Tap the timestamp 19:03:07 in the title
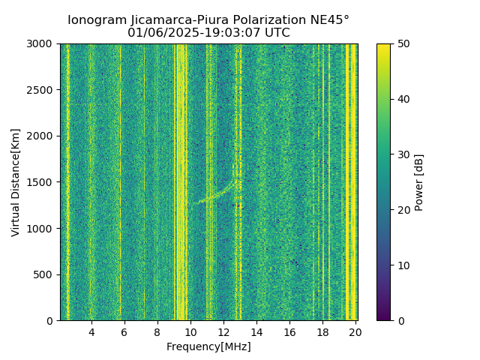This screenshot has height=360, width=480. [x=218, y=33]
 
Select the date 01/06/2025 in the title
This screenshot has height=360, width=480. [x=157, y=33]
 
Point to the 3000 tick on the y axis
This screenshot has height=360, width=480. [x=43, y=44]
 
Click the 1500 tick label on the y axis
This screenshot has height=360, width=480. [x=43, y=182]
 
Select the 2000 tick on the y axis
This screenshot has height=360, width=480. [x=43, y=136]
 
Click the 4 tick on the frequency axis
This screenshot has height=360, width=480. [x=91, y=331]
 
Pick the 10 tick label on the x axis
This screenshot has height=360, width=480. [x=190, y=331]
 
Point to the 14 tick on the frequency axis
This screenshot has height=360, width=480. [x=256, y=331]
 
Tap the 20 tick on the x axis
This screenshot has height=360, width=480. [x=355, y=331]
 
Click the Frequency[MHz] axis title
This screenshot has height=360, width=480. [x=208, y=346]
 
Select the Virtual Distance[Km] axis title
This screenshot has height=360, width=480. [x=16, y=182]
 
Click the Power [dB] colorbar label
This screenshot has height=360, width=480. [x=419, y=182]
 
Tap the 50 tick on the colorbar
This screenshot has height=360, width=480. [x=402, y=44]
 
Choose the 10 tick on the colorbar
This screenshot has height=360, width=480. [x=402, y=265]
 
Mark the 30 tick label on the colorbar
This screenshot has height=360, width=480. [x=402, y=154]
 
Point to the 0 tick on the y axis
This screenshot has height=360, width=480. [x=52, y=320]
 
